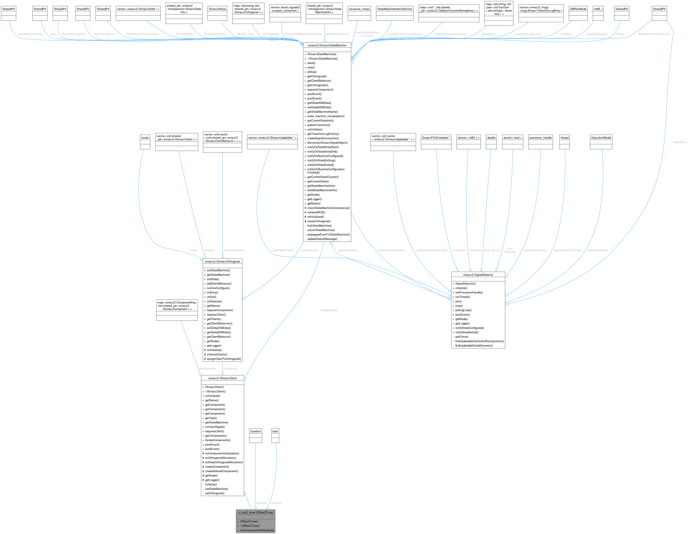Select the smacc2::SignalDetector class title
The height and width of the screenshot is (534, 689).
coord(478,275)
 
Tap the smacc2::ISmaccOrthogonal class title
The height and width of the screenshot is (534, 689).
coord(222,261)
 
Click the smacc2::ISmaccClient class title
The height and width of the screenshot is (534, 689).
coord(222,378)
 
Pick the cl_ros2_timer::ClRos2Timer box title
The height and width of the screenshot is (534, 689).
coord(255,512)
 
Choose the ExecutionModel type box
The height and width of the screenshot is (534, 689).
coord(601,138)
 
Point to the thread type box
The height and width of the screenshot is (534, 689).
coord(564,138)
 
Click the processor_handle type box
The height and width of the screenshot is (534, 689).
coord(541,138)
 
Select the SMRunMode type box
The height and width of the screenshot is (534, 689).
coord(578,9)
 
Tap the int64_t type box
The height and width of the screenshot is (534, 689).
coord(598,9)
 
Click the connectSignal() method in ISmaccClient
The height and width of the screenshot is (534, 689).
coord(215,427)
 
